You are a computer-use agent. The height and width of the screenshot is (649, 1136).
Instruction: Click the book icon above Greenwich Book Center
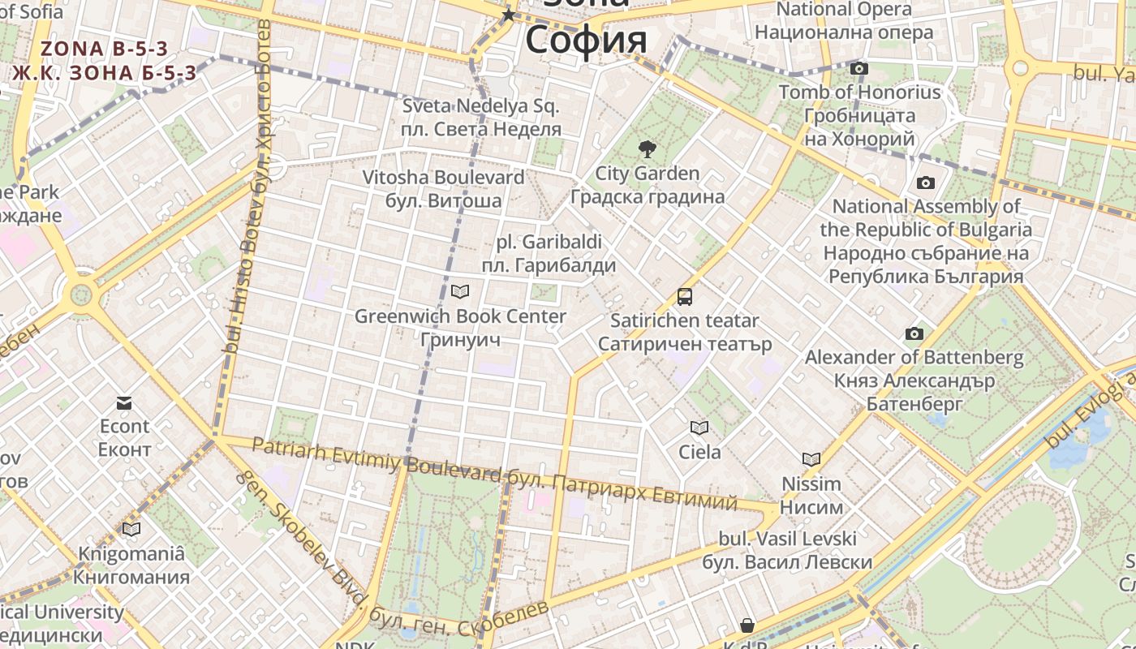pyautogui.click(x=460, y=291)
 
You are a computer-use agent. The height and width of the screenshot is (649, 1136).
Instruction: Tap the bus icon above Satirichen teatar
pyautogui.click(x=685, y=297)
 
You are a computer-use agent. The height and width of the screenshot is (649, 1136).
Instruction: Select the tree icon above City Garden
pyautogui.click(x=647, y=149)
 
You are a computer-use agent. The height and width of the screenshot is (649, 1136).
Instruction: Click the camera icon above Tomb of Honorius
pyautogui.click(x=859, y=69)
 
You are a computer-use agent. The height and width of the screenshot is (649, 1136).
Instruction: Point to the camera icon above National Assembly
pyautogui.click(x=926, y=183)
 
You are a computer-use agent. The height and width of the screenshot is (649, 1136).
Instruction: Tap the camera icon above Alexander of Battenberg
pyautogui.click(x=914, y=334)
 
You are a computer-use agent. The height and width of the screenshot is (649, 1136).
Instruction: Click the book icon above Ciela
pyautogui.click(x=699, y=428)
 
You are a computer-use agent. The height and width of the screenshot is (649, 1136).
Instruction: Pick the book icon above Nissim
pyautogui.click(x=811, y=460)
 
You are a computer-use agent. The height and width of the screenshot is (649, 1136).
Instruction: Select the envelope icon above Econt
pyautogui.click(x=124, y=403)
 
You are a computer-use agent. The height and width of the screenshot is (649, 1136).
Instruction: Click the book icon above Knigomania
pyautogui.click(x=131, y=530)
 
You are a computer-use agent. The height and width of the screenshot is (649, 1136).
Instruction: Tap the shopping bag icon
pyautogui.click(x=747, y=625)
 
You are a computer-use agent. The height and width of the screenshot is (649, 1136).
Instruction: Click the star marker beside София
pyautogui.click(x=509, y=15)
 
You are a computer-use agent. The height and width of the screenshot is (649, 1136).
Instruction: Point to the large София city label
pyautogui.click(x=586, y=39)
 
